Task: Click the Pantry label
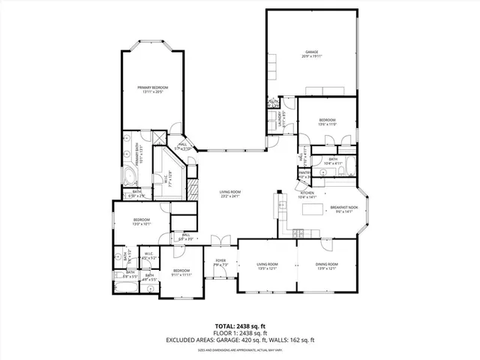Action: coord(304,175)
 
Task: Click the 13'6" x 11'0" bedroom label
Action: coord(328,121)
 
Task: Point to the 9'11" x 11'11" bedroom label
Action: coord(182,272)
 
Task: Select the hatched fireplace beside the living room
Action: coord(193,187)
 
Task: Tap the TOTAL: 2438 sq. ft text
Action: coord(240,327)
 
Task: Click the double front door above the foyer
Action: coord(220,240)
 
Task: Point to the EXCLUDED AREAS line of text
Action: coord(240,341)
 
